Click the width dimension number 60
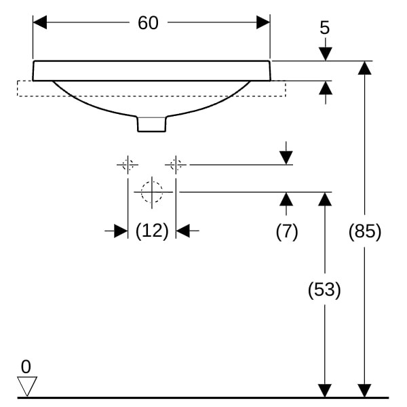point(148,23)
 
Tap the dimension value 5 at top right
point(325,28)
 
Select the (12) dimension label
point(151,231)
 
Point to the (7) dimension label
point(286,231)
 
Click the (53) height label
point(324,290)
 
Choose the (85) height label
point(365,231)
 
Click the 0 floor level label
point(26,367)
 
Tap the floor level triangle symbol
point(26,386)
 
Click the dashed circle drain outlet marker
point(152,192)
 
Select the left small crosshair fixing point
point(127,164)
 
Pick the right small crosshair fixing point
point(176,164)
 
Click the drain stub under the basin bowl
point(151,123)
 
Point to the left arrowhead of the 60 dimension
point(40,22)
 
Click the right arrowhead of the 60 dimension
point(263,22)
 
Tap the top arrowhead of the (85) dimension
point(365,67)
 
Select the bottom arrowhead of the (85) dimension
point(365,391)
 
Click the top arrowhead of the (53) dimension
point(325,199)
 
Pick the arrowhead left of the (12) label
point(121,231)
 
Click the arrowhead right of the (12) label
point(183,231)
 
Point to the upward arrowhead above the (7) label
point(286,199)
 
